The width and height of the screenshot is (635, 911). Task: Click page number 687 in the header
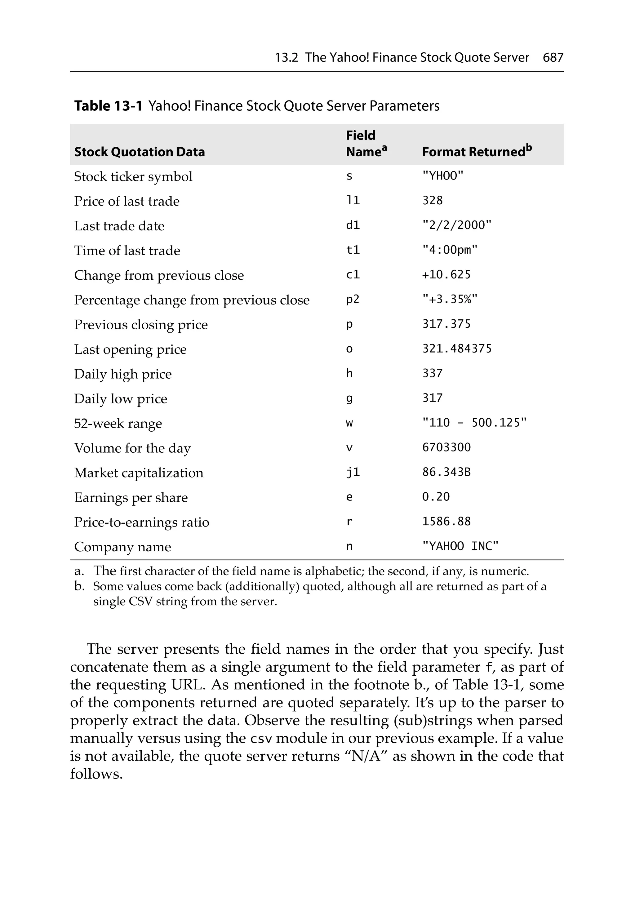click(553, 58)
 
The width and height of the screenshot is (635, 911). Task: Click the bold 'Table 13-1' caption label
click(108, 106)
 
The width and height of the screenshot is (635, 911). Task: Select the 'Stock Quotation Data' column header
click(139, 152)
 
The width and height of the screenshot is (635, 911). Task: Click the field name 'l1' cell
click(353, 201)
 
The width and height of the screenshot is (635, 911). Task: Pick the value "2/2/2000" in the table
click(456, 225)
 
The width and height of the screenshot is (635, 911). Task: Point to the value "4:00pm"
click(449, 250)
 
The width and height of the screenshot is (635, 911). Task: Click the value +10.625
click(446, 274)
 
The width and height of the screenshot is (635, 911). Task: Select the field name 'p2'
click(353, 300)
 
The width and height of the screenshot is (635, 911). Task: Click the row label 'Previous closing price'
click(141, 325)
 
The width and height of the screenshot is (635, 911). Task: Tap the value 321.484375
click(456, 349)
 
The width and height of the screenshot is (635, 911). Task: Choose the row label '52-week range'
click(118, 423)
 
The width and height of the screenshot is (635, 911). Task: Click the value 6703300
click(446, 447)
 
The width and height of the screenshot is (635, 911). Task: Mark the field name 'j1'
click(353, 472)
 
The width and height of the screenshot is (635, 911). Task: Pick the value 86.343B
click(446, 472)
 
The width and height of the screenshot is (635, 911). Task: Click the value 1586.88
click(446, 521)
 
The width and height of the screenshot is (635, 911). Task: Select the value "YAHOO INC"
click(460, 546)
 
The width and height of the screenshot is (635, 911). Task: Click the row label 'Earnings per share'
click(131, 498)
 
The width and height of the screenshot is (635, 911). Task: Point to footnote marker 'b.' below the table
click(79, 586)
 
